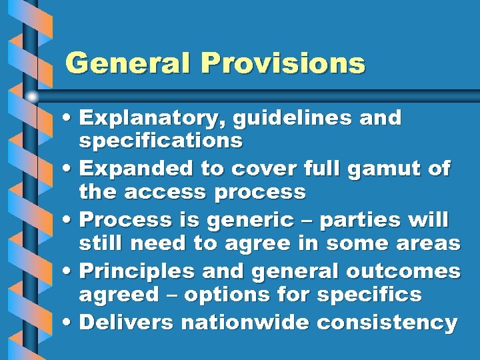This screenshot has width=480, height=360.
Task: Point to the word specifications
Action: pos(161,141)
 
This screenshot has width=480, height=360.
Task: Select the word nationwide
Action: pos(246,323)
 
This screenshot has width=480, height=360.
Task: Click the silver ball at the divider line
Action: pos(32,96)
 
